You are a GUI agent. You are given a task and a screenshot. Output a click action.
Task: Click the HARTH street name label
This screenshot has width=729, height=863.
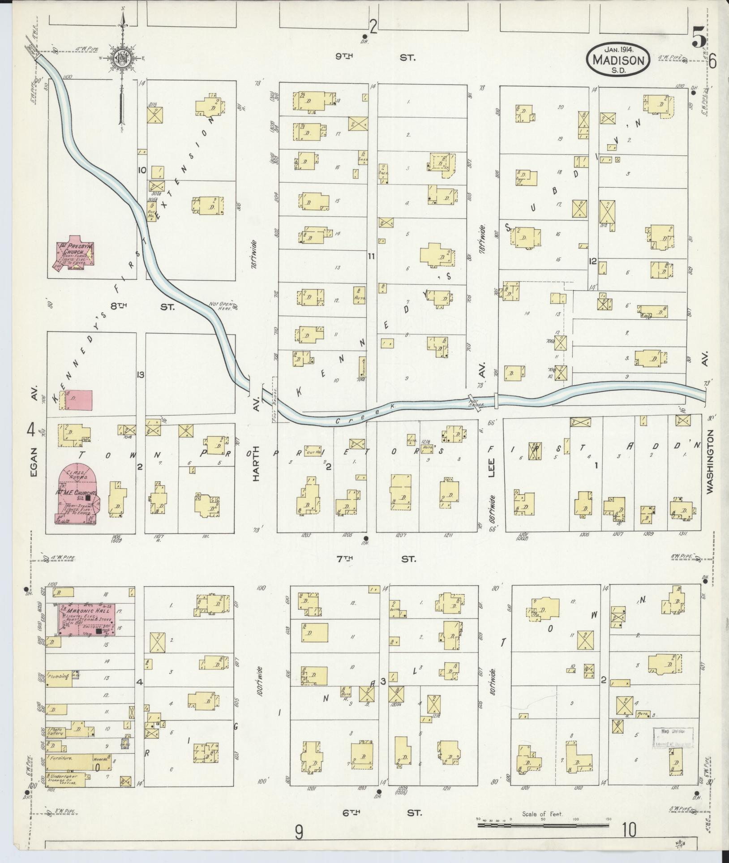[x=256, y=466]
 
